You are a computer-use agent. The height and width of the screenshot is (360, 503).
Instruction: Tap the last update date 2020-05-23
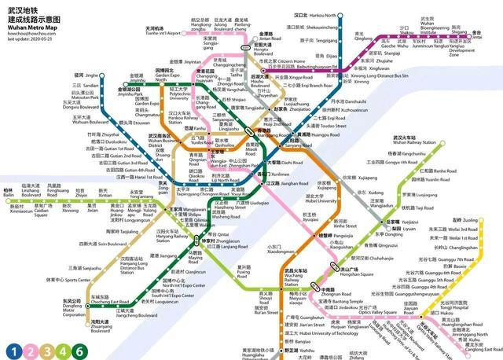click(30, 39)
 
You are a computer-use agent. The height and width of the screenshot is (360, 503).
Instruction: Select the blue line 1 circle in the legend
click(13, 350)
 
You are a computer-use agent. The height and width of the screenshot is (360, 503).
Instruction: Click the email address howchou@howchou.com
click(30, 33)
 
